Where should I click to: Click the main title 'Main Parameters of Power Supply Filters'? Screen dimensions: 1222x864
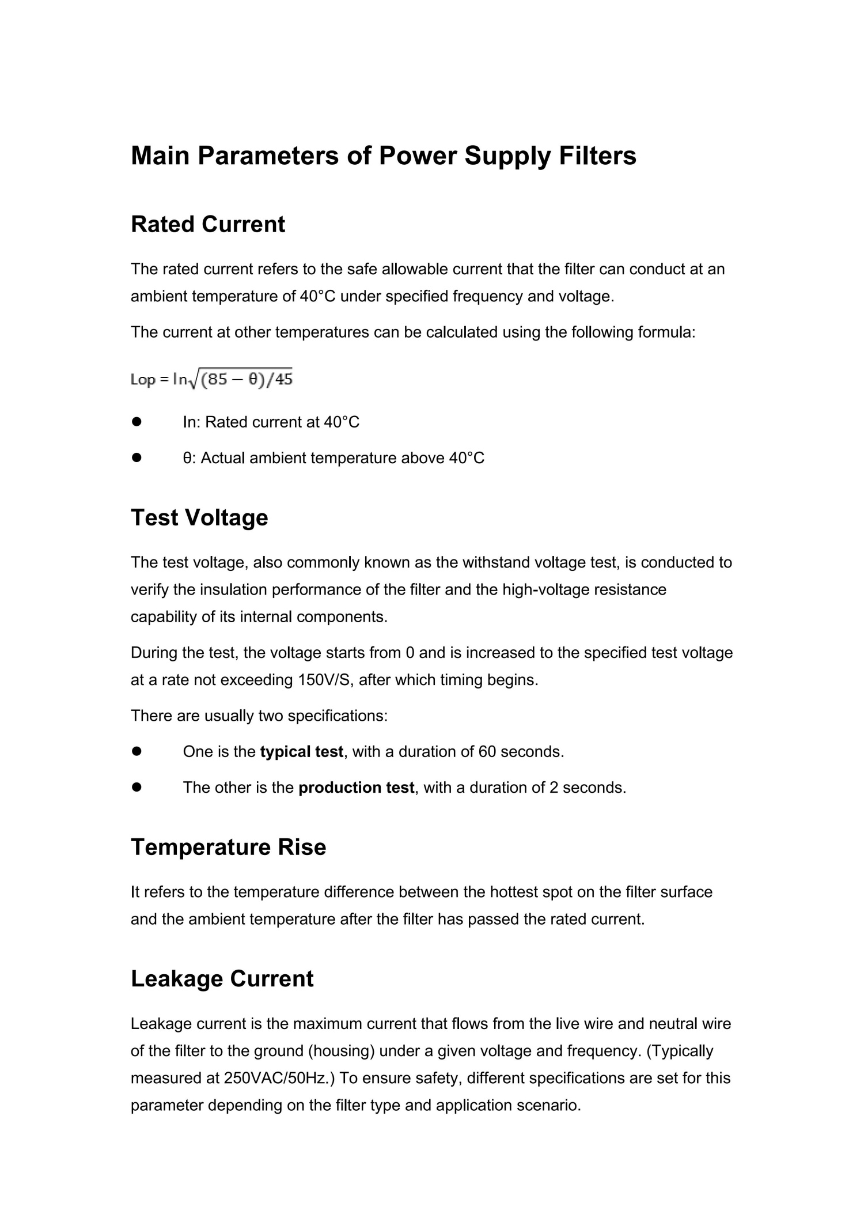click(x=384, y=156)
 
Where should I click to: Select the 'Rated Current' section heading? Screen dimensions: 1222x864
click(x=207, y=224)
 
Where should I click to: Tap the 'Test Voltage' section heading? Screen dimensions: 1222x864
click(x=199, y=517)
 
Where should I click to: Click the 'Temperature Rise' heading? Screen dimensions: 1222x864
click(x=228, y=847)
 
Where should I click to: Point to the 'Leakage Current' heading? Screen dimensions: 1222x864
click(x=222, y=979)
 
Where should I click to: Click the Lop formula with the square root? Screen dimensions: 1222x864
click(x=211, y=379)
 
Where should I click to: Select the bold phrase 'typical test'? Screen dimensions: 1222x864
click(x=301, y=752)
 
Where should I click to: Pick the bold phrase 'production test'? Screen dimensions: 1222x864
click(x=356, y=788)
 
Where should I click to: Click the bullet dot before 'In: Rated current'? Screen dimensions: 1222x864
click(x=137, y=422)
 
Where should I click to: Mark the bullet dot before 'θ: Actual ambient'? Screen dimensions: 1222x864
click(x=137, y=458)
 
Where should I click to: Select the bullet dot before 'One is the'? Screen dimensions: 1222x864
click(x=137, y=752)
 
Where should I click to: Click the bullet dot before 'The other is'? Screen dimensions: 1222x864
click(x=137, y=788)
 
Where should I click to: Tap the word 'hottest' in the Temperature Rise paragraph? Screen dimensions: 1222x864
click(x=514, y=892)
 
